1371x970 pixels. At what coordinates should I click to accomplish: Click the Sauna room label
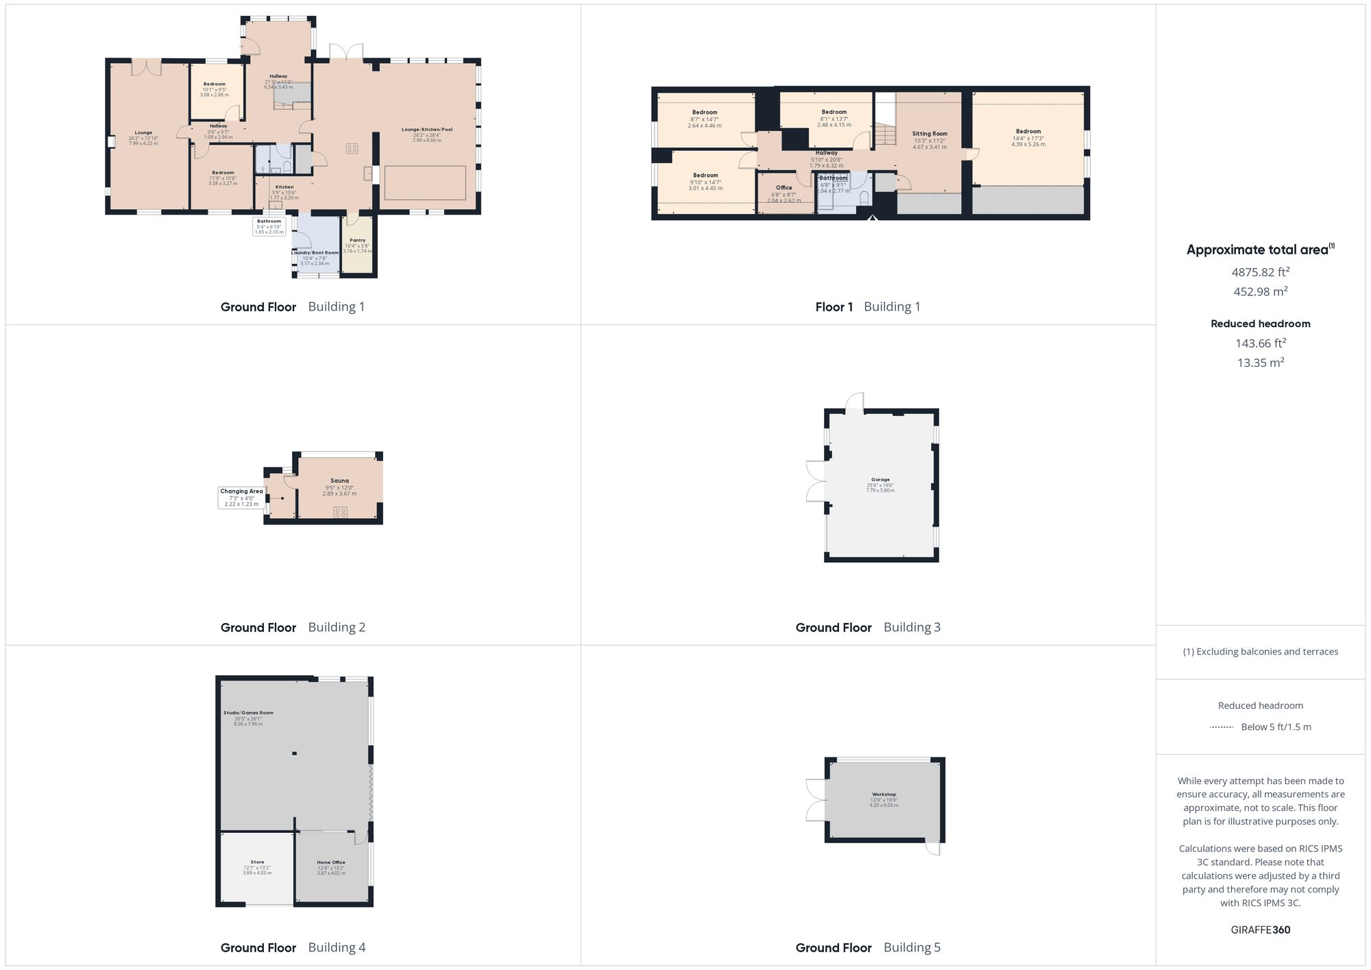pyautogui.click(x=339, y=481)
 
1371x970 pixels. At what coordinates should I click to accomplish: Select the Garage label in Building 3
pyautogui.click(x=880, y=480)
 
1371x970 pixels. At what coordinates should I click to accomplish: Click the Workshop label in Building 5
pyautogui.click(x=884, y=795)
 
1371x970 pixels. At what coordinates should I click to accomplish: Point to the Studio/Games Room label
pyautogui.click(x=248, y=713)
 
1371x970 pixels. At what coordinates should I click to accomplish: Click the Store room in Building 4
pyautogui.click(x=257, y=866)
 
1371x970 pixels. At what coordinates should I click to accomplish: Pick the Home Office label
pyautogui.click(x=331, y=862)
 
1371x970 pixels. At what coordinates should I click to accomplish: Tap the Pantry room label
pyautogui.click(x=357, y=241)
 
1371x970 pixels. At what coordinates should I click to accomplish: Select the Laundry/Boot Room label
pyautogui.click(x=315, y=253)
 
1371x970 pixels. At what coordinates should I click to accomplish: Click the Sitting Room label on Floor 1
pyautogui.click(x=930, y=134)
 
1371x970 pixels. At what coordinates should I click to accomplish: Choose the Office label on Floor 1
pyautogui.click(x=784, y=188)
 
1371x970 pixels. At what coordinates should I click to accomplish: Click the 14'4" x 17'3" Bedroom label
pyautogui.click(x=1028, y=132)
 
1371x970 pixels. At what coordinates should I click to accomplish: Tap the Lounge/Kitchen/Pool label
pyautogui.click(x=426, y=130)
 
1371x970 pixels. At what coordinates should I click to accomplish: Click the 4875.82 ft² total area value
pyautogui.click(x=1260, y=272)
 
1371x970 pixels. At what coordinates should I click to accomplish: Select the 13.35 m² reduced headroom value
pyautogui.click(x=1260, y=363)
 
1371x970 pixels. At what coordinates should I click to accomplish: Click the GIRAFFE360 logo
pyautogui.click(x=1260, y=930)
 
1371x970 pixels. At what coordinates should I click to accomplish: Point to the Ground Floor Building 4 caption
pyautogui.click(x=293, y=947)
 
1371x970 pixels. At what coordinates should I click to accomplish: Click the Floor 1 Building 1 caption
pyautogui.click(x=868, y=307)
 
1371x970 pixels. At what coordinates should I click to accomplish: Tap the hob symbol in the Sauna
pyautogui.click(x=341, y=512)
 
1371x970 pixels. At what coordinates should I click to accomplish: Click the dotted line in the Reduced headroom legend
pyautogui.click(x=1222, y=727)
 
